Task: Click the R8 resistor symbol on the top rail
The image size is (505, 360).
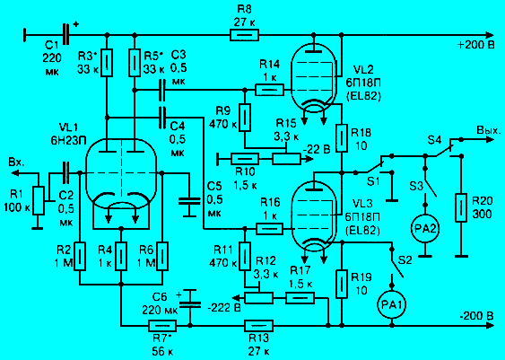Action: click(x=244, y=35)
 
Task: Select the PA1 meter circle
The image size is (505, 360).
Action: click(x=392, y=304)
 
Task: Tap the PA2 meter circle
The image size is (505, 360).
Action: click(x=425, y=229)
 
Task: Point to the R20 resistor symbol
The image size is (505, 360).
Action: click(x=461, y=207)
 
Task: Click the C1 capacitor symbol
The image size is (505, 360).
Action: click(x=66, y=34)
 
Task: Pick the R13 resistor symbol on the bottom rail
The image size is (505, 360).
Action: click(x=258, y=326)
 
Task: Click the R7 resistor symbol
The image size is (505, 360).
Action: click(x=162, y=326)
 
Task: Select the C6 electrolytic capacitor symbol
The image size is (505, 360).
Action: click(x=189, y=299)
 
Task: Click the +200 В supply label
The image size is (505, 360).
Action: click(x=475, y=46)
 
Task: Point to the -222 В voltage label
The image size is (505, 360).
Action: click(x=224, y=307)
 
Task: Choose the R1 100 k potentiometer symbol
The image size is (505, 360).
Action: click(x=39, y=200)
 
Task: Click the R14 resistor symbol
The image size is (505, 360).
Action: click(x=270, y=90)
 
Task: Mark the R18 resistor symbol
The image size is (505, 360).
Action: click(x=342, y=137)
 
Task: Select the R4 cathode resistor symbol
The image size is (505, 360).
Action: click(x=121, y=256)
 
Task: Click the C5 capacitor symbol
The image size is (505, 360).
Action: click(x=189, y=200)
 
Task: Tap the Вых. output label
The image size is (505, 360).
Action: click(x=489, y=130)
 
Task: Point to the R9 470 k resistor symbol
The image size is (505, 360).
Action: click(x=245, y=118)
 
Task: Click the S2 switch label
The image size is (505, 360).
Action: click(x=405, y=260)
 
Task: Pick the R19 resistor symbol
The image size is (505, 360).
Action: click(x=342, y=284)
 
